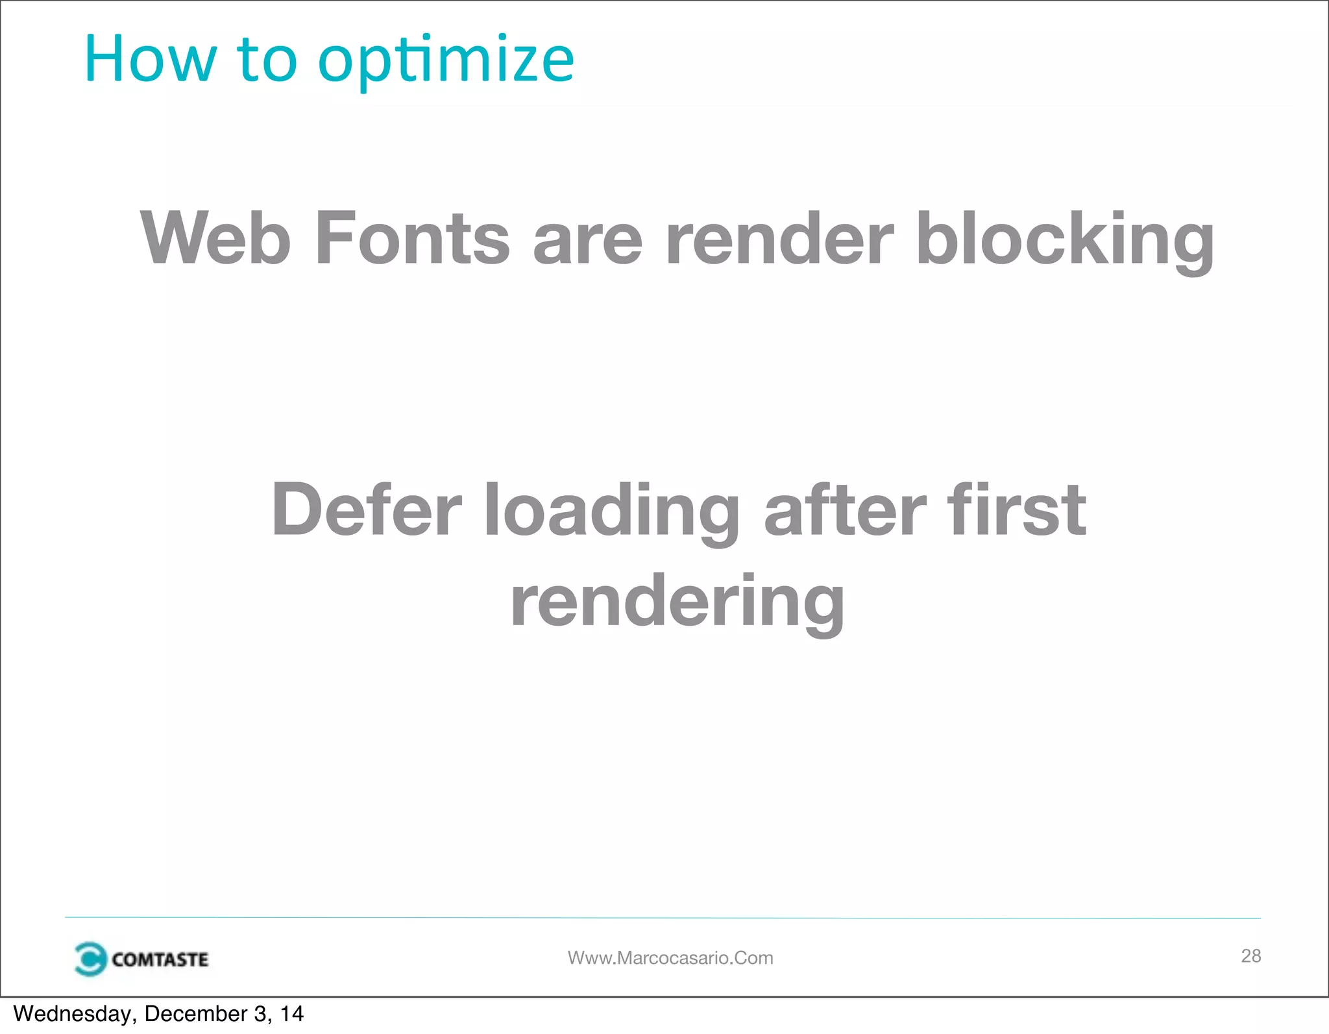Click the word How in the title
coord(150,60)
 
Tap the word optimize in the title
coord(446,62)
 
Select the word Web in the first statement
coord(215,238)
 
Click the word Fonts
coord(412,238)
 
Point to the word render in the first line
coord(779,238)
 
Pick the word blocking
coord(1064,240)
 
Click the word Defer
coord(367,510)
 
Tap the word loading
coord(612,513)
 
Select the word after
coord(845,510)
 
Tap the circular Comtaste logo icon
coord(90,959)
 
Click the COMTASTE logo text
coord(160,959)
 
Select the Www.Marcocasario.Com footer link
coord(670,958)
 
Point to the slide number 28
coord(1250,955)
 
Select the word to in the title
coord(267,60)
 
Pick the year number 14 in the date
coord(292,1014)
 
